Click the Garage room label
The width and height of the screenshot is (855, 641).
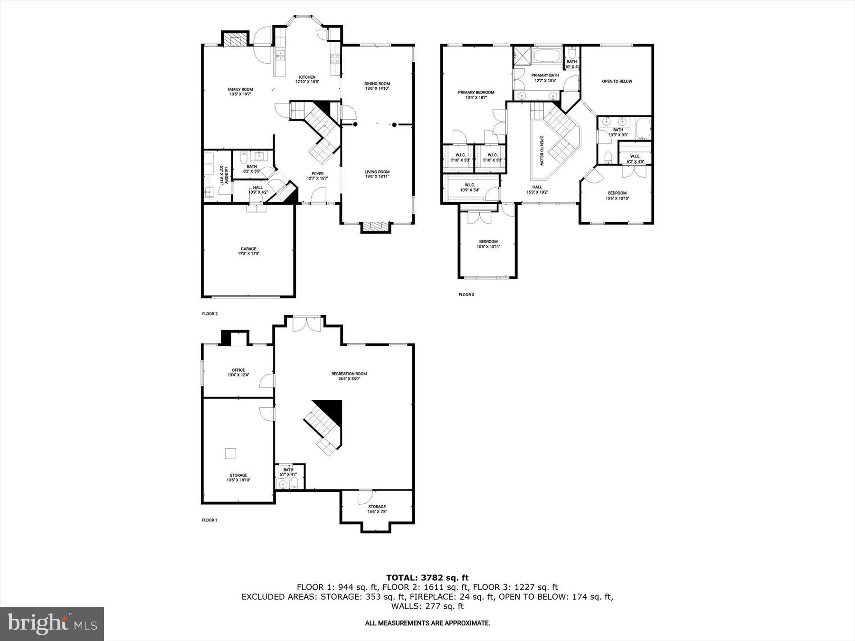tap(248, 251)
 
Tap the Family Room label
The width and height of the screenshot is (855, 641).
tap(240, 92)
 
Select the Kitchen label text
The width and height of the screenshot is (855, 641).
tap(307, 79)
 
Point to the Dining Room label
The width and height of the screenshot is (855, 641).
tap(377, 86)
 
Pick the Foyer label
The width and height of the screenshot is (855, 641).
tap(317, 176)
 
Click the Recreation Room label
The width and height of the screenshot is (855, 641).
tap(349, 376)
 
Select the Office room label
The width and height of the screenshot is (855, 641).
tap(238, 372)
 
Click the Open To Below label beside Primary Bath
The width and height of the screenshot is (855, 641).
tap(617, 81)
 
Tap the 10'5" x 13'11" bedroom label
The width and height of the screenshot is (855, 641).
tap(488, 244)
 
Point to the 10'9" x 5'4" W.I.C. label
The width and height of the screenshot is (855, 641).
tap(469, 188)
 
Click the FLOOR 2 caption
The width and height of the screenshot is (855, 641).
tap(209, 314)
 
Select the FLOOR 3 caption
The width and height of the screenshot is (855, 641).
tap(466, 295)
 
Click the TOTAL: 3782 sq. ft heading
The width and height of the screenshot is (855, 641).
tap(427, 578)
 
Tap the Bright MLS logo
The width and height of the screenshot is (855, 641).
tap(52, 623)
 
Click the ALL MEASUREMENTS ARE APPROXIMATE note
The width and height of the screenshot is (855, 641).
tap(427, 623)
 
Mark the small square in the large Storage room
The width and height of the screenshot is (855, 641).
tap(230, 453)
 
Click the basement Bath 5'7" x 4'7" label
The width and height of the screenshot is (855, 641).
tap(288, 472)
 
